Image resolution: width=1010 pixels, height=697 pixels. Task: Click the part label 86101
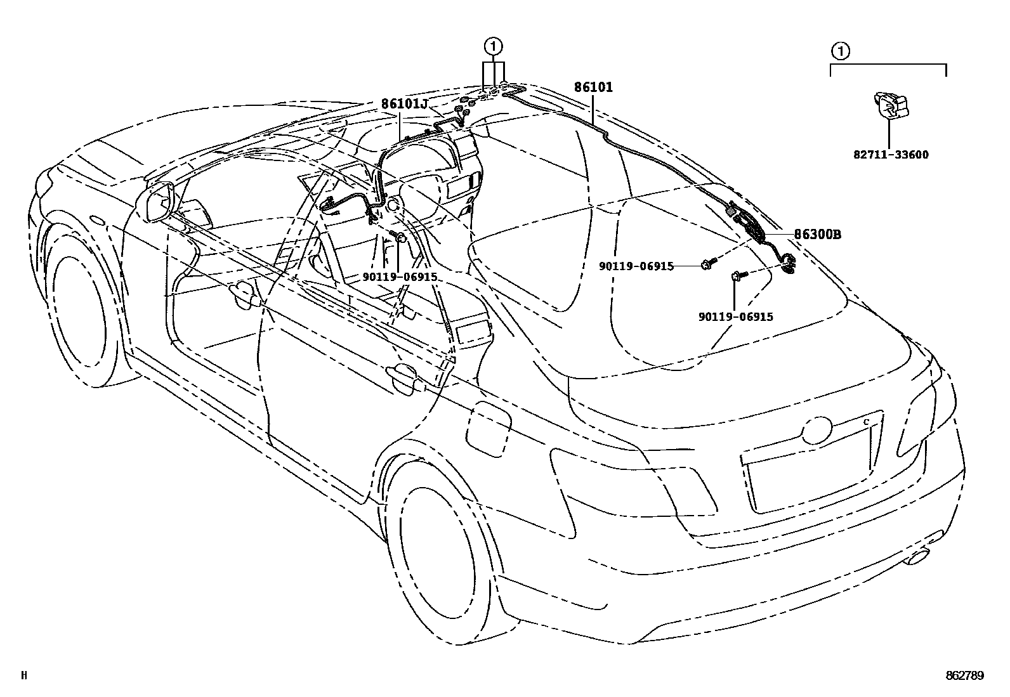pos(594,88)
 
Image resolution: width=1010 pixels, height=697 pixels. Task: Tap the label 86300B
pos(818,234)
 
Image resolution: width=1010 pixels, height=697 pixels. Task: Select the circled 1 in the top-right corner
pos(839,50)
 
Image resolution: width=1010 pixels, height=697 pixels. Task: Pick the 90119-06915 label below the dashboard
pos(399,277)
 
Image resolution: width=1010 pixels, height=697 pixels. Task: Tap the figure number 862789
pos(964,676)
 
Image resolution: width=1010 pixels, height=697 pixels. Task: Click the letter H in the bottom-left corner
pos(24,676)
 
